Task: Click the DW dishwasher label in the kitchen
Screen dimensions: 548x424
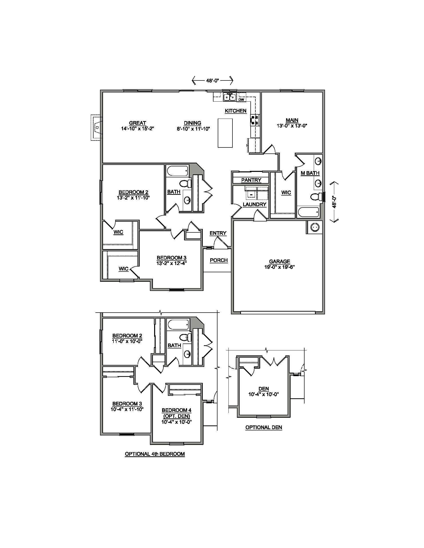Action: coord(241,100)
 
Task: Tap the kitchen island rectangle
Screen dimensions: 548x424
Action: coord(225,133)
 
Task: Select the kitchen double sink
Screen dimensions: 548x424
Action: coord(229,97)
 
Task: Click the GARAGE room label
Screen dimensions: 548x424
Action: coord(279,262)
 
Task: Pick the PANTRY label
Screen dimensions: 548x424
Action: coord(251,180)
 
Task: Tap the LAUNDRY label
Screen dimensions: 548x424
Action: coord(254,205)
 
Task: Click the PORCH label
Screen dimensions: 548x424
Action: coord(219,260)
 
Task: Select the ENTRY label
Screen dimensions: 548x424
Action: coord(218,233)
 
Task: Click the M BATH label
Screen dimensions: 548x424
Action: coord(310,173)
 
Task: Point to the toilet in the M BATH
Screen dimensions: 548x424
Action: coord(317,197)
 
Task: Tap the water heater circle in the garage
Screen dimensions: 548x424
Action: coord(314,227)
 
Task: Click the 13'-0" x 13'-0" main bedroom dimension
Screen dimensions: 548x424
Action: coord(292,126)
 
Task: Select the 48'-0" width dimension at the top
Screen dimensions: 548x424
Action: coord(212,80)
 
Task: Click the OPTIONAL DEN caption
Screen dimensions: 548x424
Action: coord(264,427)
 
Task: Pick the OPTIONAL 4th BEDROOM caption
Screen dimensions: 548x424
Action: coord(155,454)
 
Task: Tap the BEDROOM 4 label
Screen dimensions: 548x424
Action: coord(177,410)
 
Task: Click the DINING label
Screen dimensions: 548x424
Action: coord(193,123)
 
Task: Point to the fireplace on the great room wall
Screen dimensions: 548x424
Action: coord(97,128)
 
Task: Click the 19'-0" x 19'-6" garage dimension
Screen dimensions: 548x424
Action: coord(279,267)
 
